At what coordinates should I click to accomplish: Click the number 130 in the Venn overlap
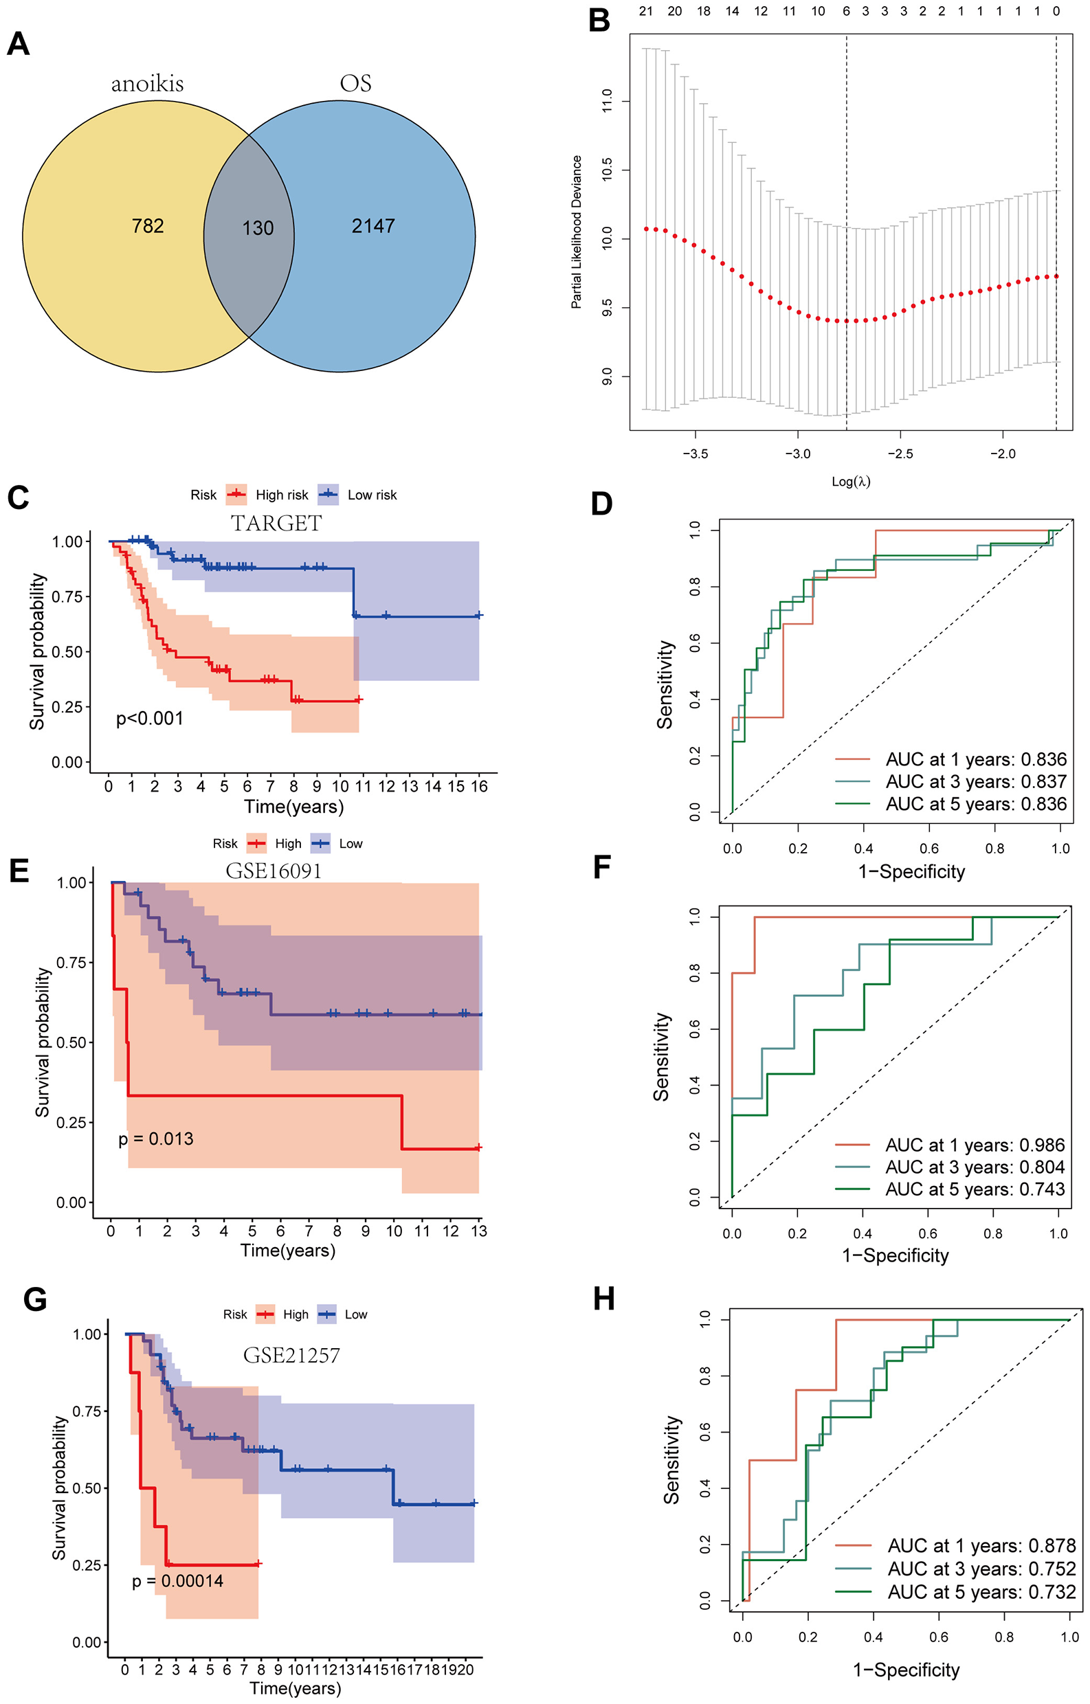click(258, 228)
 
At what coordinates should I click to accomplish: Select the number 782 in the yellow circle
click(148, 226)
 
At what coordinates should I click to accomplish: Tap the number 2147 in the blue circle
click(373, 226)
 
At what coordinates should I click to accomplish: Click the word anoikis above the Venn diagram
click(147, 85)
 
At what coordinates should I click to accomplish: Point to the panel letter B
click(599, 21)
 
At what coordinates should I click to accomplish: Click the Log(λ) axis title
click(851, 482)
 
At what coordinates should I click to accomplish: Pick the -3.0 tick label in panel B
click(798, 454)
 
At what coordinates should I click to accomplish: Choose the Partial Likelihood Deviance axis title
click(577, 232)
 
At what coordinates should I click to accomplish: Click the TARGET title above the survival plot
click(276, 524)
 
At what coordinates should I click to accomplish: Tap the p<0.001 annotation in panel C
click(149, 719)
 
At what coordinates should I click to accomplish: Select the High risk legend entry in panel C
click(281, 495)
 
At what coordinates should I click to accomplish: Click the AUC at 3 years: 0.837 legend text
click(975, 782)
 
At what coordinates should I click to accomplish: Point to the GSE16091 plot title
click(274, 871)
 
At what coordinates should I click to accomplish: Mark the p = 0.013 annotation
click(156, 1139)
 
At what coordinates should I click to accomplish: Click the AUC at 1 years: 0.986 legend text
click(975, 1145)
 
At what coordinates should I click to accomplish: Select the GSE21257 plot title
click(291, 1355)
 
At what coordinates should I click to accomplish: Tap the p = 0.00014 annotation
click(177, 1581)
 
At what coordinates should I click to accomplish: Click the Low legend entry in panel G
click(355, 1315)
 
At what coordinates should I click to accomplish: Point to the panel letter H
click(603, 1299)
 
